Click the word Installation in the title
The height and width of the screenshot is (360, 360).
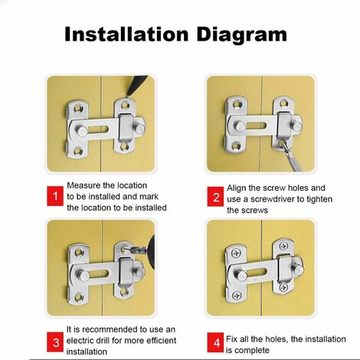[126, 34]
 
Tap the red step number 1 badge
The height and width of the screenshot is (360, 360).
[55, 196]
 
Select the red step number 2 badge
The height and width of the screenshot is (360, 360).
[216, 197]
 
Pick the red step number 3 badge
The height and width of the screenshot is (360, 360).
[55, 342]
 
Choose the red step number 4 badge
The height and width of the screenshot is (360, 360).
[216, 342]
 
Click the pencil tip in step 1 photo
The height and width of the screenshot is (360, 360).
[127, 96]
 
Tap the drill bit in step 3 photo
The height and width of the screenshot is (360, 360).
[135, 250]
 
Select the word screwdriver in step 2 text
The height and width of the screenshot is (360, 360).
[277, 199]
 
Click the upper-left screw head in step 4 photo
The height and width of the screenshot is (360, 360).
[236, 254]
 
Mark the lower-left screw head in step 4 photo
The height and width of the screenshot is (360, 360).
[237, 296]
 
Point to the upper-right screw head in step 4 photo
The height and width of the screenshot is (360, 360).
[283, 247]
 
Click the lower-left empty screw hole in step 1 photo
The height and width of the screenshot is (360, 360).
[77, 151]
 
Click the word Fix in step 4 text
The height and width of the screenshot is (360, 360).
[231, 339]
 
